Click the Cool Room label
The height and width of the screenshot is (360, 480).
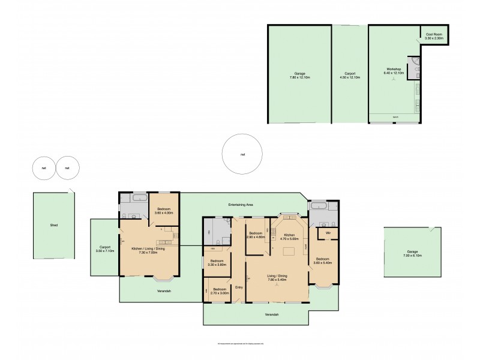(x=434, y=36)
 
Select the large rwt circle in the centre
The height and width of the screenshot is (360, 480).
(x=242, y=154)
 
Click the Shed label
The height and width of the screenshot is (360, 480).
(x=53, y=226)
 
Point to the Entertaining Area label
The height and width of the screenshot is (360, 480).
(x=239, y=205)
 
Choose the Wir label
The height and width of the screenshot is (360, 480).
(x=328, y=232)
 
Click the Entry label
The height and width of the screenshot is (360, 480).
(x=239, y=287)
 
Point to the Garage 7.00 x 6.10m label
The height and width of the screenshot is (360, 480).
(x=412, y=253)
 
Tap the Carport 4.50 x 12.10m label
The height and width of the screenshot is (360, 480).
(x=349, y=76)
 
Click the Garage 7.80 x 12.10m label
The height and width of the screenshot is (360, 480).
(x=299, y=76)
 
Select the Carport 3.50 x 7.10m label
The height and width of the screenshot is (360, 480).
(x=104, y=249)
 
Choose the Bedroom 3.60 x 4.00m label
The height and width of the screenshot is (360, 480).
(x=164, y=211)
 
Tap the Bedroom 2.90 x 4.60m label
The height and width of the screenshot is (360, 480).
(x=257, y=235)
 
